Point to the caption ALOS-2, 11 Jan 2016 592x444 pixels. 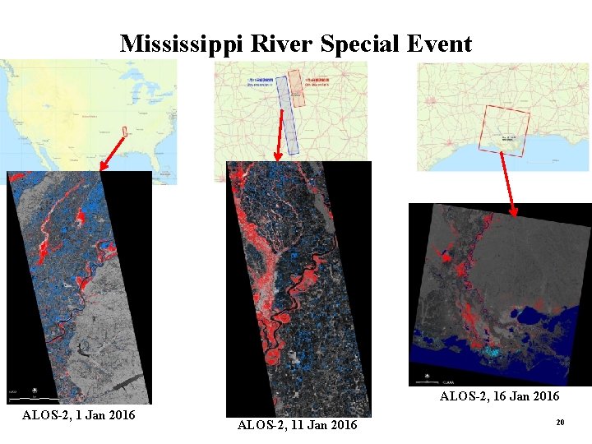297,425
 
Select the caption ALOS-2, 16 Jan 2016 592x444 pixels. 499,396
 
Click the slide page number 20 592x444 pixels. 560,422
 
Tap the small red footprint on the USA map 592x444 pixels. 125,131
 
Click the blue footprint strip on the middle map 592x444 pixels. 286,115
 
